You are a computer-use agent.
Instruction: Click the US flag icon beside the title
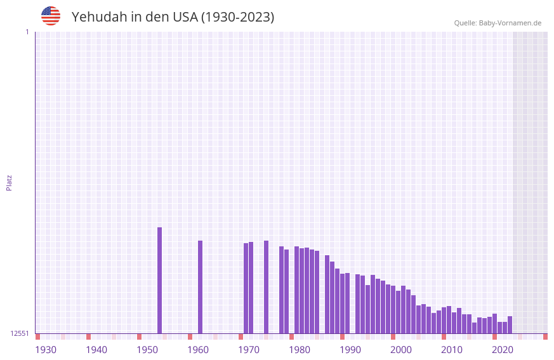51,16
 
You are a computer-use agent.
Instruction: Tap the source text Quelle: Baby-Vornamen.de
498,23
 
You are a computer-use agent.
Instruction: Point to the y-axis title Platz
9,182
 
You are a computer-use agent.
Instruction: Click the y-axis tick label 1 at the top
27,32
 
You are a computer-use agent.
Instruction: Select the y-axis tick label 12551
19,333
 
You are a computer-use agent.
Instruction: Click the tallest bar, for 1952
160,280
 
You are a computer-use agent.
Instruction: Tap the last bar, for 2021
510,324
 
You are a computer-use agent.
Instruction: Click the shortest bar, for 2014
474,328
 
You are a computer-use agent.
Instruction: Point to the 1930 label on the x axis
46,350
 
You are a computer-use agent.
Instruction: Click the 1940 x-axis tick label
96,350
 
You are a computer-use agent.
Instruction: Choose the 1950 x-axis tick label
147,350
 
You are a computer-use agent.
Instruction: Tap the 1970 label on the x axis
249,350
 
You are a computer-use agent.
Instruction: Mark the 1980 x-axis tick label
300,350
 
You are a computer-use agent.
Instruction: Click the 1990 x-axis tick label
350,350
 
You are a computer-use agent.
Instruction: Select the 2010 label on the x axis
452,350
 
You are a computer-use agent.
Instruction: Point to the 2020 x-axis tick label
503,350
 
